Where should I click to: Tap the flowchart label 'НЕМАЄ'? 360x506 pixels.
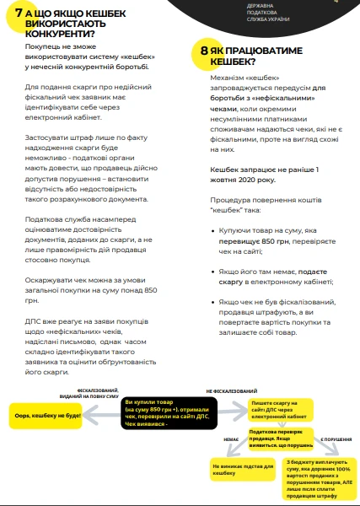click(231, 439)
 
